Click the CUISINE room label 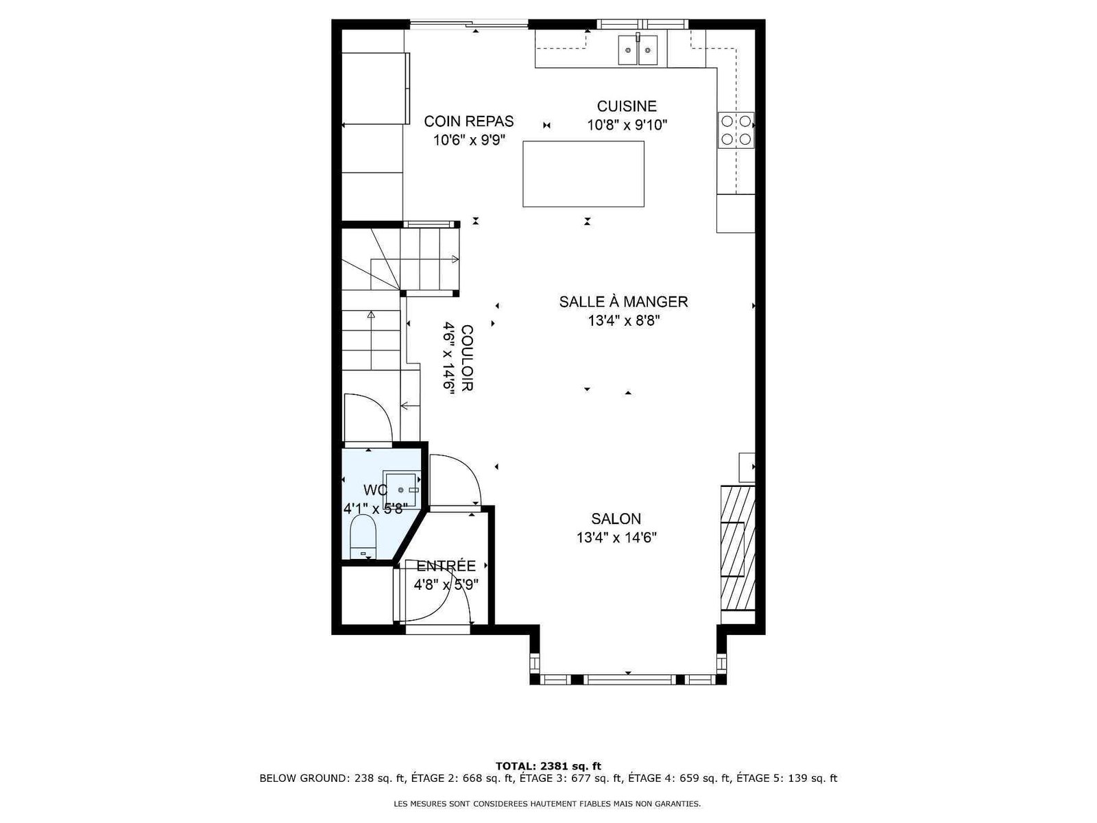pos(626,106)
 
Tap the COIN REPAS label pos(469,121)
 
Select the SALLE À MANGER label pos(623,302)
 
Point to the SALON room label pos(616,518)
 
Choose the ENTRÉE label pos(446,566)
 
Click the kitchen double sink pos(638,50)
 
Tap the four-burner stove pos(736,130)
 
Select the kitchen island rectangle pos(583,174)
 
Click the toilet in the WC pos(363,537)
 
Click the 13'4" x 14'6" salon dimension pos(616,538)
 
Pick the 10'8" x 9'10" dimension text pos(627,125)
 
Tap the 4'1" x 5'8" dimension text pos(375,509)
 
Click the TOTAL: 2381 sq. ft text pos(548,766)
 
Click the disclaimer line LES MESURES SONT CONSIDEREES pos(547,804)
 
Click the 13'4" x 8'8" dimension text pos(624,321)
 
